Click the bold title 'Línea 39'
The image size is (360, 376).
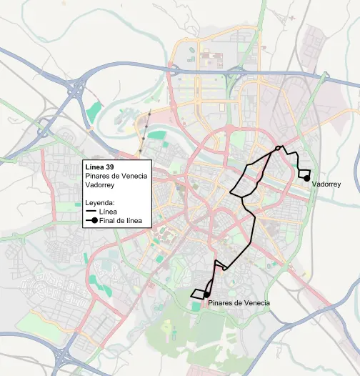[x=99, y=167]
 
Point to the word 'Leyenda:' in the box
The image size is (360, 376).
[x=101, y=203]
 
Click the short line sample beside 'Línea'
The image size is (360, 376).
[x=91, y=212]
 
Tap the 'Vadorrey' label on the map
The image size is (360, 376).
[x=326, y=184]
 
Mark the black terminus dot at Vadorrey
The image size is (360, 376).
[x=306, y=179]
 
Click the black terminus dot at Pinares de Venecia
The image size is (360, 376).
[x=206, y=295]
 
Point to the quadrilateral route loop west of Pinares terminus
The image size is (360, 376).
[x=197, y=293]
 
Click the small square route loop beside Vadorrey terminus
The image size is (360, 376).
[x=304, y=174]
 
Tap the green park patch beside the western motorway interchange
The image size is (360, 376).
[x=94, y=112]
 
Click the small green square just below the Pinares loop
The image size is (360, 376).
[x=196, y=307]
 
